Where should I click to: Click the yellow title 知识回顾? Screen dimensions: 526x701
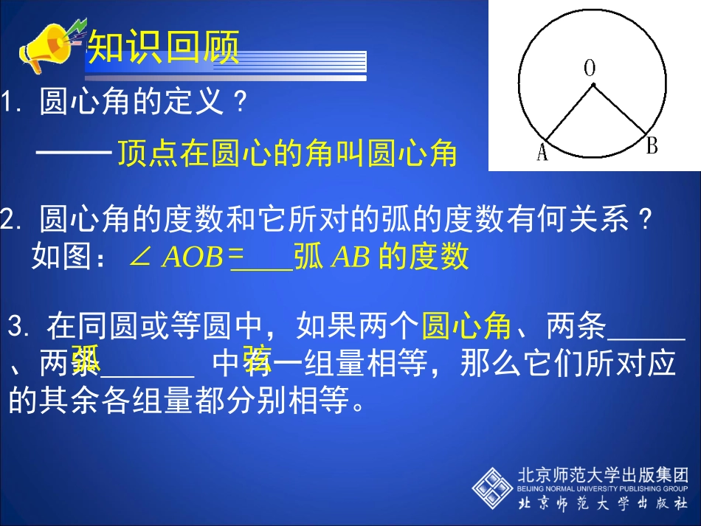[164, 49]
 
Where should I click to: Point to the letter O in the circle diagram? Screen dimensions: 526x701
[590, 69]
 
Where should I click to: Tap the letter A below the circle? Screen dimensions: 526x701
[542, 153]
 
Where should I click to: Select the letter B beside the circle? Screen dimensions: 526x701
[652, 146]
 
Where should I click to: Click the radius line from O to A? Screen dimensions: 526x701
[569, 111]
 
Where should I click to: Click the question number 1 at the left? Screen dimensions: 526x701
[9, 103]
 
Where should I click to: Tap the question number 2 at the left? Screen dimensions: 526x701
[9, 219]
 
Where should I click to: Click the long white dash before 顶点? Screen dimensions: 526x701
[74, 153]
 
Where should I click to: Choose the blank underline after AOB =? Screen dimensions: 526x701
[261, 267]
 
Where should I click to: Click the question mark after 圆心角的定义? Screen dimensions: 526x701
[238, 103]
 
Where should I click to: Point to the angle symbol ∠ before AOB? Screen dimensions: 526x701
[139, 257]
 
